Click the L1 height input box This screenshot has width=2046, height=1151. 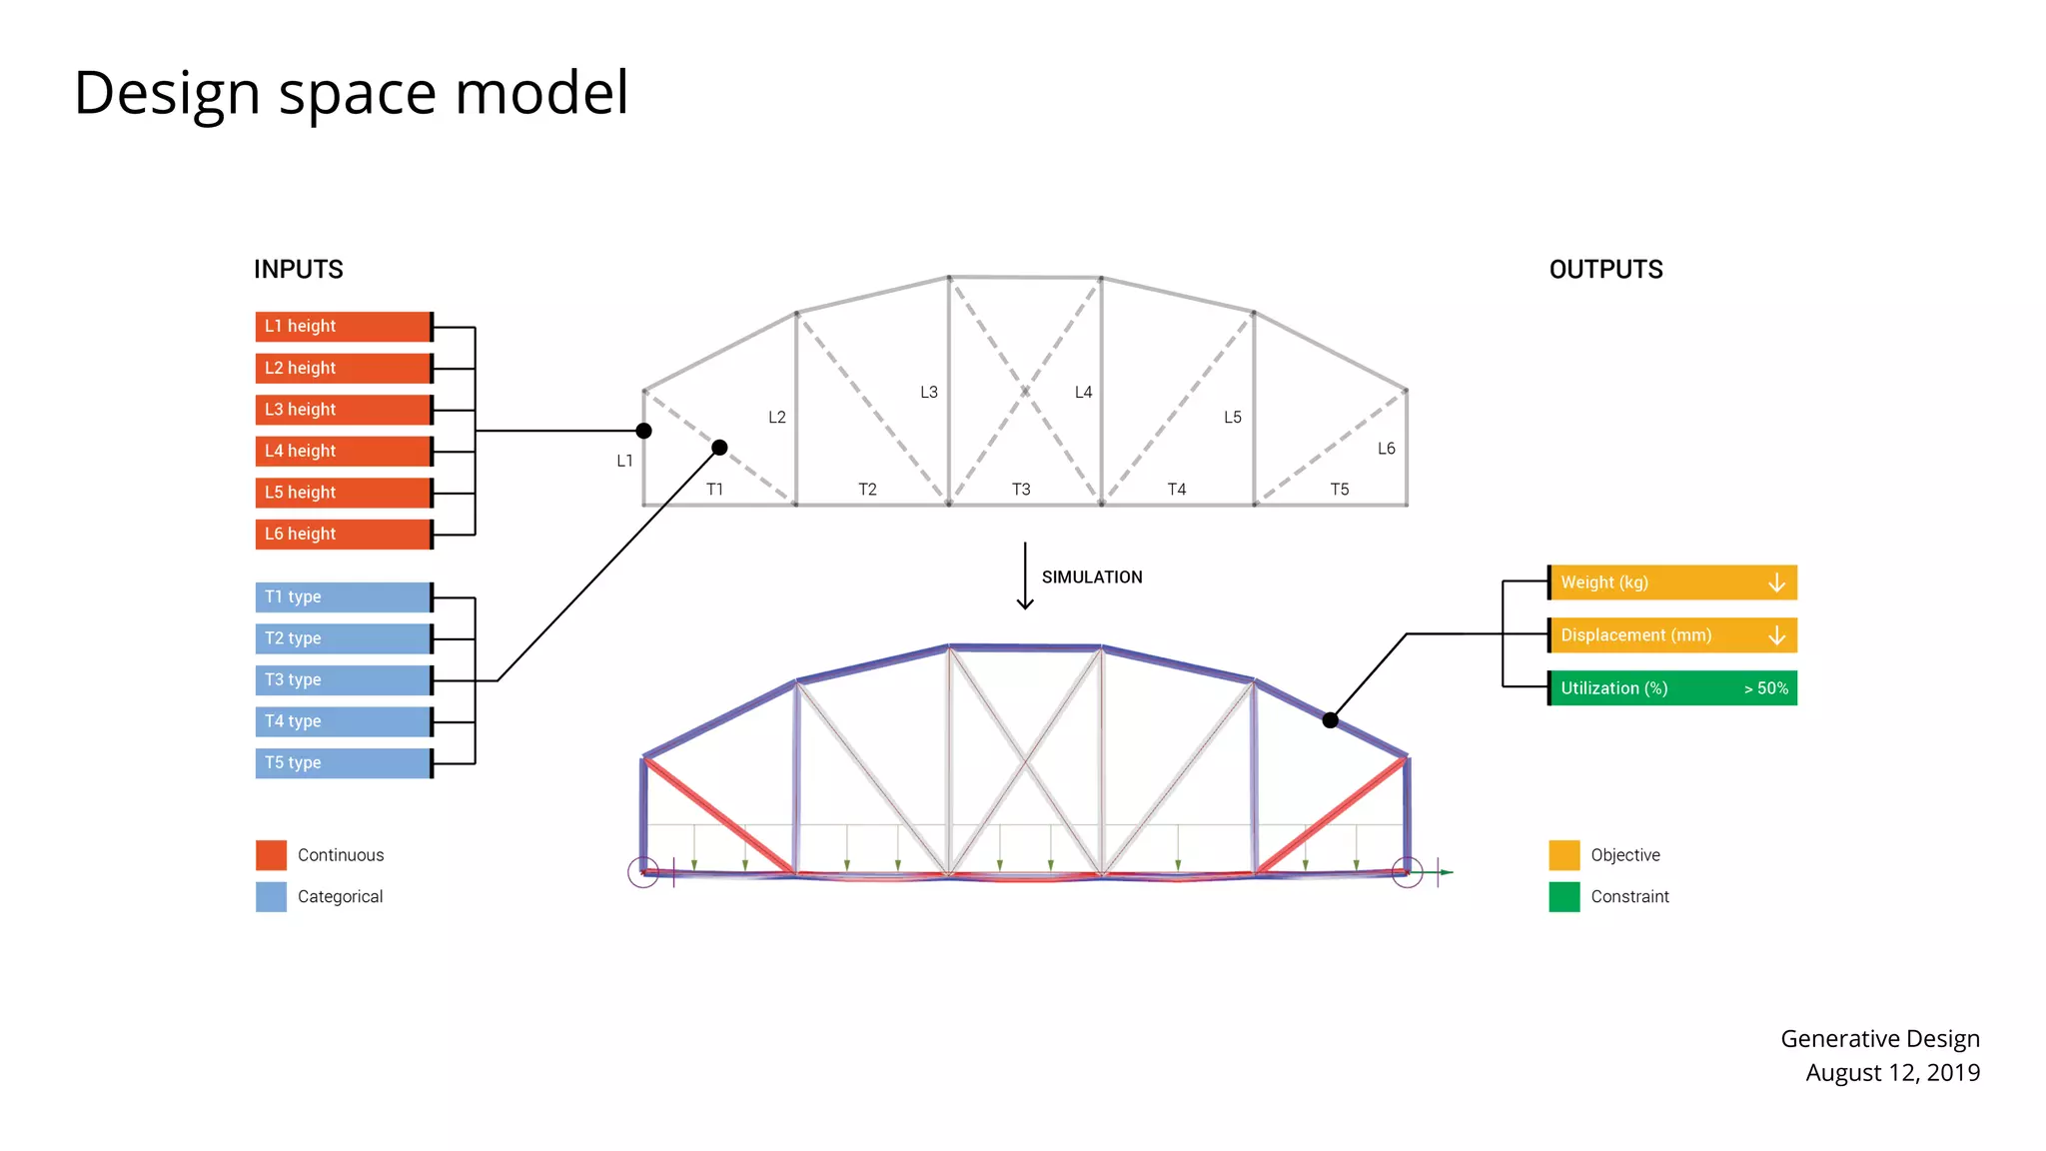(x=344, y=327)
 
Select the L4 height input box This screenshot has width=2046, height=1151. (x=344, y=452)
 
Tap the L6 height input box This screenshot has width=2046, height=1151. (x=344, y=535)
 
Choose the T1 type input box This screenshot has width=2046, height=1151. (x=344, y=597)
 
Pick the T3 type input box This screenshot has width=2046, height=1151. (x=344, y=680)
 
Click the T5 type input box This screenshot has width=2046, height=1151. (x=344, y=763)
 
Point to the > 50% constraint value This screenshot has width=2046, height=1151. (x=1765, y=688)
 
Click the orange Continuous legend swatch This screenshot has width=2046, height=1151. (x=271, y=855)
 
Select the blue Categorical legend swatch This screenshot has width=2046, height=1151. (x=271, y=897)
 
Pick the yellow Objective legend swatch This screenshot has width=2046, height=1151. (x=1564, y=855)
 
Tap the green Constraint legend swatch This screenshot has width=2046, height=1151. (x=1564, y=897)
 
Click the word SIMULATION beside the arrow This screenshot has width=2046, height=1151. (x=1092, y=577)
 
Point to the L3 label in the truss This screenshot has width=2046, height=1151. (x=929, y=393)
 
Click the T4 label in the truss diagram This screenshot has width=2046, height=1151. (x=1177, y=490)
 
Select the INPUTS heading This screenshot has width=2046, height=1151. (x=299, y=270)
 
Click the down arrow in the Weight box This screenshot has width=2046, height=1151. (x=1776, y=582)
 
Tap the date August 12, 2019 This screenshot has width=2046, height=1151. (x=1892, y=1073)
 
